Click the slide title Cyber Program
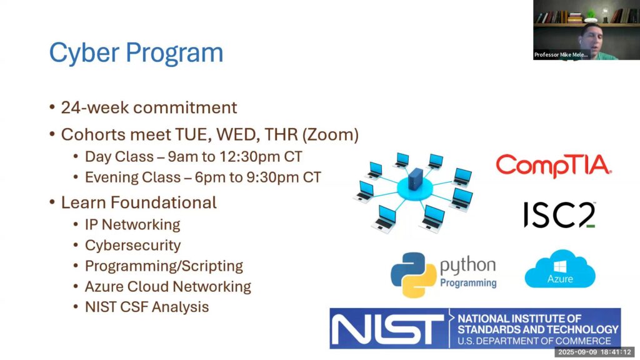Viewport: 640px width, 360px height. (136, 52)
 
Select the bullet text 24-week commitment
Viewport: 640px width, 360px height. (149, 107)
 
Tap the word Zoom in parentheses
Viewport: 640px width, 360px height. (330, 135)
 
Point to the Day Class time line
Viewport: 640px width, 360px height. (194, 156)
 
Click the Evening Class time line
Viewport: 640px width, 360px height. (203, 177)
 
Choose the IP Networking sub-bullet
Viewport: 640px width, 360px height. (132, 224)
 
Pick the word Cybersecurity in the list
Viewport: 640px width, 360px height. (132, 245)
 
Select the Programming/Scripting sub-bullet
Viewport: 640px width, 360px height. (164, 266)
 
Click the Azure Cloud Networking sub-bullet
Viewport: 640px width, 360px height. (167, 286)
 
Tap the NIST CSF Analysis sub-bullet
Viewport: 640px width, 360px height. (146, 307)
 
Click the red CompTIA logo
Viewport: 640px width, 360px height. (554, 165)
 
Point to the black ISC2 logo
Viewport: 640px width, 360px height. (559, 215)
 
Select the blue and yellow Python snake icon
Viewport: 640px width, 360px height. (414, 274)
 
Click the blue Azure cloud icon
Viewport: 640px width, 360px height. (560, 269)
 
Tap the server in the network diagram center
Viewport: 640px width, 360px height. (416, 179)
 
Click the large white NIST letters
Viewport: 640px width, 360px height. (387, 329)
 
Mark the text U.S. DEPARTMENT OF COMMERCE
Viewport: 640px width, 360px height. (534, 341)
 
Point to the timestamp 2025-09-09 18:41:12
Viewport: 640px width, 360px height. (594, 352)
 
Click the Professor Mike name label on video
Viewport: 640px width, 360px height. (561, 55)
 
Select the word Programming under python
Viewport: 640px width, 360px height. (468, 283)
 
